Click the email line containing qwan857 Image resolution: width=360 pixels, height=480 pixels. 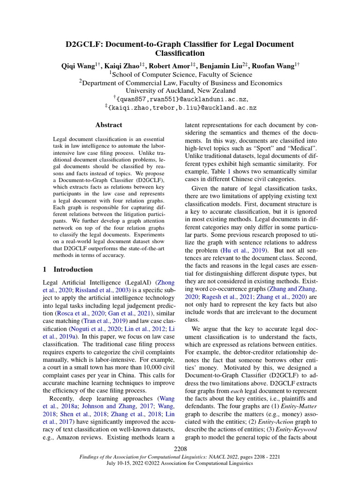(180, 99)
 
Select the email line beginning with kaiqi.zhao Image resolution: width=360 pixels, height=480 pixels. (180, 107)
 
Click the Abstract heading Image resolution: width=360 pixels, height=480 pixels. (108, 125)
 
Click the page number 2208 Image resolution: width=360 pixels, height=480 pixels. (180, 450)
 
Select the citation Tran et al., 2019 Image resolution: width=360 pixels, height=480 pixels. (103, 321)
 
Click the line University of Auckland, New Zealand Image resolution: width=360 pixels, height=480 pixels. (180, 90)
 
